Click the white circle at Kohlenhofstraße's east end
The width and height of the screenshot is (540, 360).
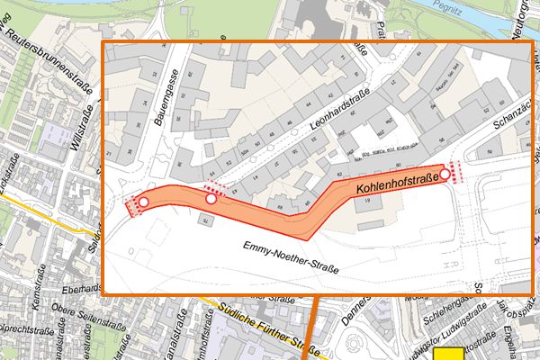pyautogui.click(x=445, y=173)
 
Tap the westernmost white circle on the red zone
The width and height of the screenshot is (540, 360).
pyautogui.click(x=142, y=202)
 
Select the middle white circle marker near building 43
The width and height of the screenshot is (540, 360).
pyautogui.click(x=211, y=199)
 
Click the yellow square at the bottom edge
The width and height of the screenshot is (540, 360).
pyautogui.click(x=449, y=354)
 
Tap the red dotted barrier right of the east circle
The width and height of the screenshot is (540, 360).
pyautogui.click(x=456, y=171)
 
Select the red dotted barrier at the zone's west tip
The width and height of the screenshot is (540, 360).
pyautogui.click(x=132, y=207)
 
